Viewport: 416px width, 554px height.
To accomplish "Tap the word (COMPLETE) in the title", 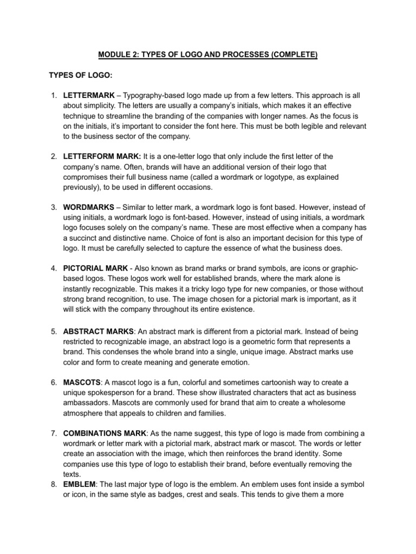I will tap(291, 55).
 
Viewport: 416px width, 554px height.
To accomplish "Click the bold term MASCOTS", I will tap(82, 382).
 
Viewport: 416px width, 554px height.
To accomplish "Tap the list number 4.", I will tap(54, 269).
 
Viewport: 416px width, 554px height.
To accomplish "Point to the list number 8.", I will tap(54, 485).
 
